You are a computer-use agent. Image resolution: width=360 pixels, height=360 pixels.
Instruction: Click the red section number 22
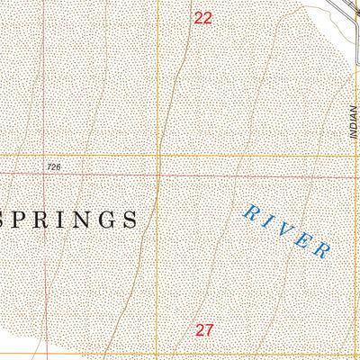[x=203, y=17]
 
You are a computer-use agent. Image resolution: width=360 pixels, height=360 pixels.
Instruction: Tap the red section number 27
[x=203, y=330]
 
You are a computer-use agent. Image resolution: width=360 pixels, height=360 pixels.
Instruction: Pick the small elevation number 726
[x=56, y=167]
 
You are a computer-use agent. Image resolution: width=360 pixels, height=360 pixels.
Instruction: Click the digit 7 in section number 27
[x=209, y=330]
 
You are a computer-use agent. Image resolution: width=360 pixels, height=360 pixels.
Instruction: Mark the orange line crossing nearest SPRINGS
[x=158, y=155]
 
